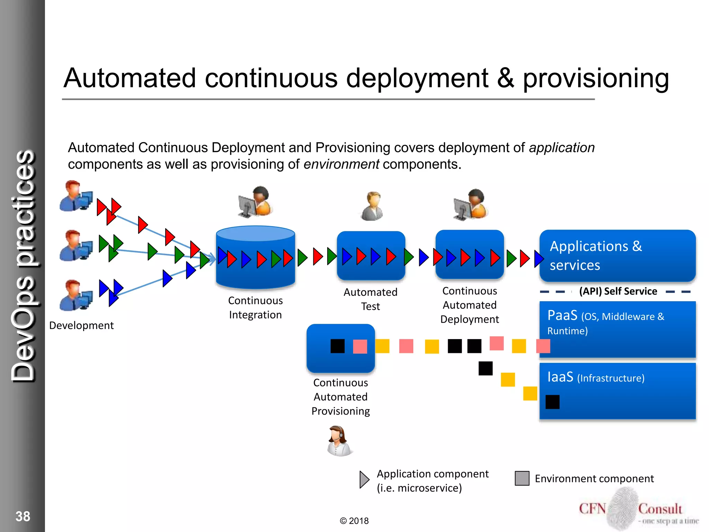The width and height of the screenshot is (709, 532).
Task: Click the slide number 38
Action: tap(23, 516)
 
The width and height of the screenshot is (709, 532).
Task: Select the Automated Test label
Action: tap(370, 299)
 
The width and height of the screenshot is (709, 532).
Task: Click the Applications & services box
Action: tap(617, 256)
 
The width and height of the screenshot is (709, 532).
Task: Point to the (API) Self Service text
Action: tap(618, 291)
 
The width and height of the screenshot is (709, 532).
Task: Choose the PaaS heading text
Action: tap(563, 316)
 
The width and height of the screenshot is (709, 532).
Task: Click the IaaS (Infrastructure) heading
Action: tap(595, 377)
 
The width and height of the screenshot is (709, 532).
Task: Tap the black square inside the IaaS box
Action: tap(553, 402)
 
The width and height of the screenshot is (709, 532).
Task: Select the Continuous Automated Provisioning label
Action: tap(341, 397)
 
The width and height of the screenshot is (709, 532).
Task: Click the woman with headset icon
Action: tap(339, 441)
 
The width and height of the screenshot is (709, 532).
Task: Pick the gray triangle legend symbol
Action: tap(364, 480)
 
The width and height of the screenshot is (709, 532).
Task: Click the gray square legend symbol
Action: tap(522, 478)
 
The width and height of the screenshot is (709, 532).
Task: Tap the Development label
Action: tap(81, 326)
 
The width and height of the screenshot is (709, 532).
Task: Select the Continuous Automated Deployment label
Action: tap(469, 305)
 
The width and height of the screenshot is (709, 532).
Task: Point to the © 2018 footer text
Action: tap(354, 521)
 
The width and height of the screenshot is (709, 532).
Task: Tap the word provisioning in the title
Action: tap(595, 78)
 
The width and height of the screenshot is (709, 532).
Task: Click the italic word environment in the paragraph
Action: tap(341, 164)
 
